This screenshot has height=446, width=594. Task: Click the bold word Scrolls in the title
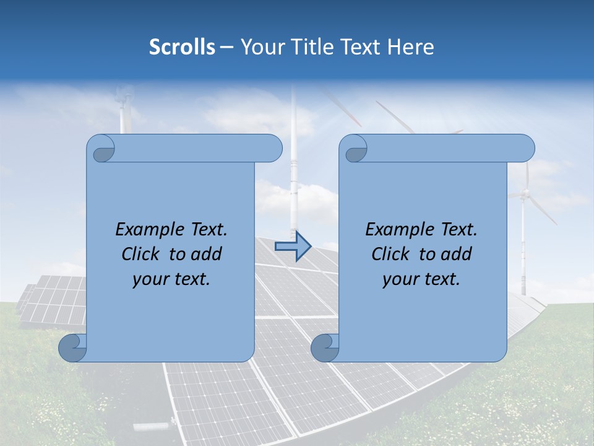[183, 47]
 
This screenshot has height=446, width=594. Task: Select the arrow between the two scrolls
[293, 247]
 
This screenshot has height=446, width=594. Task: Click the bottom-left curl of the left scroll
[72, 348]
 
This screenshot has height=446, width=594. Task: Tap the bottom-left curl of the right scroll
[325, 348]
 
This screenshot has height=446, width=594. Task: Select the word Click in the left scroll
[141, 254]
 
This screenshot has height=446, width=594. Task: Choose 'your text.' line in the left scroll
[171, 279]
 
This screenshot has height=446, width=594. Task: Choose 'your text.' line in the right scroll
[421, 279]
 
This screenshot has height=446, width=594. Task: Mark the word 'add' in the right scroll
[457, 254]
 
